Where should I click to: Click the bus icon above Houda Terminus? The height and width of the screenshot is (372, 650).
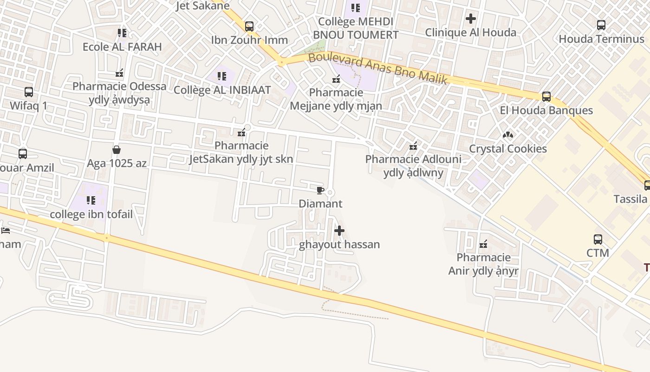click(601, 25)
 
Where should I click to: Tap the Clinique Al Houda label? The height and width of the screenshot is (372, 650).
click(471, 33)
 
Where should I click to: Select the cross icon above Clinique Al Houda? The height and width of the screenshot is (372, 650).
click(471, 19)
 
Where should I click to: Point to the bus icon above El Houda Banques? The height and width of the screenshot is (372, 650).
click(546, 97)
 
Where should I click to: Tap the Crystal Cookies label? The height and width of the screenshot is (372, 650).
click(508, 149)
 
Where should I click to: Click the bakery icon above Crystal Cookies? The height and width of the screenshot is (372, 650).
click(508, 135)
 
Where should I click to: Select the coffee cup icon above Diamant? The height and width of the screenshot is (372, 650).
click(319, 190)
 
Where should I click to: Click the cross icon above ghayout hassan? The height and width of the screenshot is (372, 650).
click(339, 231)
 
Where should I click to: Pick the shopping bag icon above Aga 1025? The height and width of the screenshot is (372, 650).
click(116, 150)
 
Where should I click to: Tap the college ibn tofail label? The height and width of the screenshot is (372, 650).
click(91, 214)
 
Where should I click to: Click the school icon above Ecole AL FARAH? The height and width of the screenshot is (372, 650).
click(122, 33)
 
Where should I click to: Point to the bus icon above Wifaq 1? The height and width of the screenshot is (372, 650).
click(29, 92)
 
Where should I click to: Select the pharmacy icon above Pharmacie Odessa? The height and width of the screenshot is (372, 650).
click(119, 73)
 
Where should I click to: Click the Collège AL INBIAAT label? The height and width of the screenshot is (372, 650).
click(222, 90)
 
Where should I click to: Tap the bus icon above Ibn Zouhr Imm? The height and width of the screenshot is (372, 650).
click(249, 27)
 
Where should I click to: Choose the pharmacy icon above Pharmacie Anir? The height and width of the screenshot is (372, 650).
click(483, 244)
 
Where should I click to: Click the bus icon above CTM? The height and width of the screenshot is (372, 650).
click(598, 239)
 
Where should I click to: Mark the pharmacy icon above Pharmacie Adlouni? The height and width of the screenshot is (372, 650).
click(413, 146)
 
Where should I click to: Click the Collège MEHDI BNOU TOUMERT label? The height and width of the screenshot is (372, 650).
click(356, 28)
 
